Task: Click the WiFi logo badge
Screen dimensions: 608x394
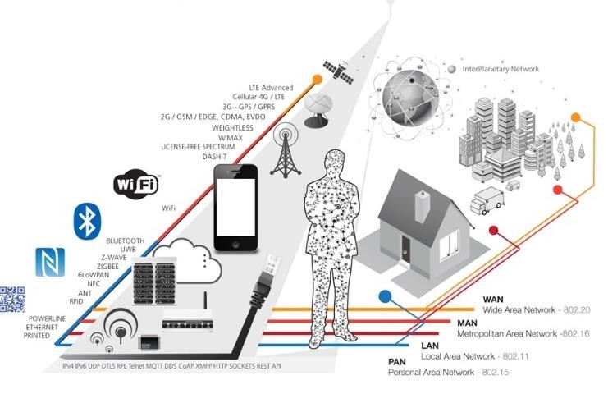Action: (x=136, y=184)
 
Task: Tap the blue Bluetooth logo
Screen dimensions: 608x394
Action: (x=87, y=222)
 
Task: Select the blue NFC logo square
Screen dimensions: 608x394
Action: (x=50, y=262)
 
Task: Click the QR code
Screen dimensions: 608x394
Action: (x=12, y=299)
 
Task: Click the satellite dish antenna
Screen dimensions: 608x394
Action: (x=318, y=110)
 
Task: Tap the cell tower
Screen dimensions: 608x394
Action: (x=286, y=150)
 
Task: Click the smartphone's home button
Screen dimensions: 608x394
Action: (x=235, y=245)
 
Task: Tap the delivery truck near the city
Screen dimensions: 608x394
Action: (x=487, y=200)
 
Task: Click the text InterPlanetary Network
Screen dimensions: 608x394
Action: (x=501, y=69)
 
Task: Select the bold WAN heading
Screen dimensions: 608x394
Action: (x=493, y=300)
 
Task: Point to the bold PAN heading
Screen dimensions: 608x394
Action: (x=396, y=362)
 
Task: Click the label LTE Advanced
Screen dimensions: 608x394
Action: (x=271, y=88)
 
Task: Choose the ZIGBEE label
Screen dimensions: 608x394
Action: (x=107, y=267)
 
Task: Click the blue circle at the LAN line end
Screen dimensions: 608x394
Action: (x=385, y=296)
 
